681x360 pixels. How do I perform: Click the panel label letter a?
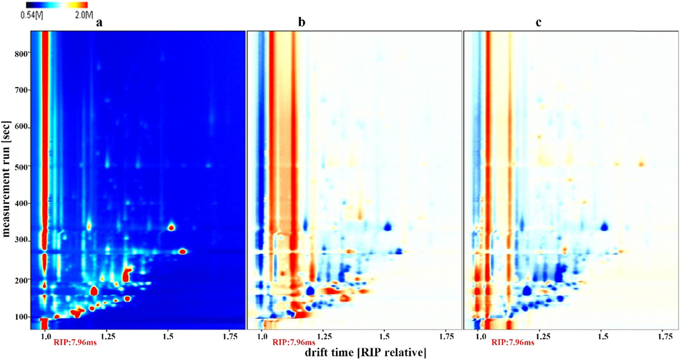click(100, 23)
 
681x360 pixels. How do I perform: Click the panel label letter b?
click(302, 23)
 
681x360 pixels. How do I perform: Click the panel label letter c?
click(538, 23)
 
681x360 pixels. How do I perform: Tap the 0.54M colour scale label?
click(34, 15)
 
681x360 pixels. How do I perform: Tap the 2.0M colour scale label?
click(84, 15)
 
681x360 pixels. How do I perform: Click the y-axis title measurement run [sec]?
click(7, 179)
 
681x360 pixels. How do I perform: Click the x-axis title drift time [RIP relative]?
click(365, 353)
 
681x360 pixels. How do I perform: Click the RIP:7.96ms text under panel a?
click(75, 342)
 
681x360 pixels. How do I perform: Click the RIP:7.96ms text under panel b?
click(294, 342)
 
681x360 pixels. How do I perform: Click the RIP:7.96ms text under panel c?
click(513, 342)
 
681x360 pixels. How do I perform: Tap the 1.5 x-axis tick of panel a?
click(168, 335)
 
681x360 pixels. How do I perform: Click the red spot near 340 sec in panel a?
click(171, 227)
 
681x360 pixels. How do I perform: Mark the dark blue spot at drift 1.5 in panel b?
click(387, 227)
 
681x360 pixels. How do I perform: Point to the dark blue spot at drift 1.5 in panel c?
click(604, 226)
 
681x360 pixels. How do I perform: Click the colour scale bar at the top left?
click(57, 5)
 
